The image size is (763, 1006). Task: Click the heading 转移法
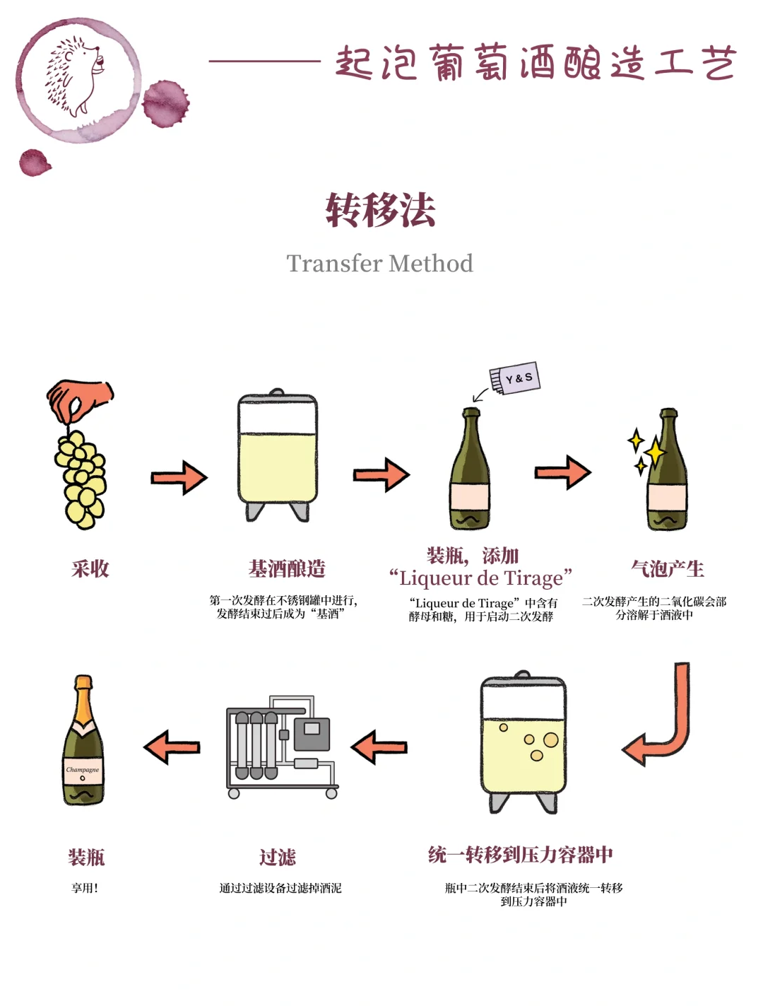[x=380, y=210]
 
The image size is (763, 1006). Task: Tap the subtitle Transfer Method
[x=379, y=264]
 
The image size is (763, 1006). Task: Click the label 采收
[x=90, y=568]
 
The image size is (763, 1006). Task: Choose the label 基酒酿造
[x=287, y=568]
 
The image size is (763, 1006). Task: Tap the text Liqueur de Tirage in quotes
[x=480, y=578]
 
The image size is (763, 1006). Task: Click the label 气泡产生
[x=667, y=568]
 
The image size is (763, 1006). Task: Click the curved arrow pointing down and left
[x=661, y=718]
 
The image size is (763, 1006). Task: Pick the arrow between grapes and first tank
[x=179, y=478]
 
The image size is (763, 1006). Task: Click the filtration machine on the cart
[x=280, y=747]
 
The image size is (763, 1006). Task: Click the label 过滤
[x=277, y=857]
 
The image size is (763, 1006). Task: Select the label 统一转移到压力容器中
[x=520, y=855]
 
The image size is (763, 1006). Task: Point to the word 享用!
[x=85, y=888]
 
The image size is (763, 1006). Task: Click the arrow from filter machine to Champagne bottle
[x=172, y=747]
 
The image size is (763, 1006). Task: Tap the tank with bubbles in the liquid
[x=523, y=742]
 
